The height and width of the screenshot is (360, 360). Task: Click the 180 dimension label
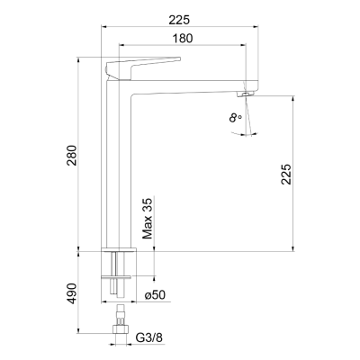(x=183, y=39)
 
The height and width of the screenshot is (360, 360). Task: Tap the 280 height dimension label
(x=72, y=156)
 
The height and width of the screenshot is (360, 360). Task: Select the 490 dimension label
(x=72, y=293)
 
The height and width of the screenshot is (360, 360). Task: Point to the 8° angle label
(x=235, y=118)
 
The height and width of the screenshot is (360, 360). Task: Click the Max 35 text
(x=148, y=218)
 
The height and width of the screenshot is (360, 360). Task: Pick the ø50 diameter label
(x=155, y=295)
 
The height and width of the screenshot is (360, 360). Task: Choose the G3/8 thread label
(x=149, y=337)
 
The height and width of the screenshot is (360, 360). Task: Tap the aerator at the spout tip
(x=246, y=94)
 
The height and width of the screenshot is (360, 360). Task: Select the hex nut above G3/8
(x=121, y=329)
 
